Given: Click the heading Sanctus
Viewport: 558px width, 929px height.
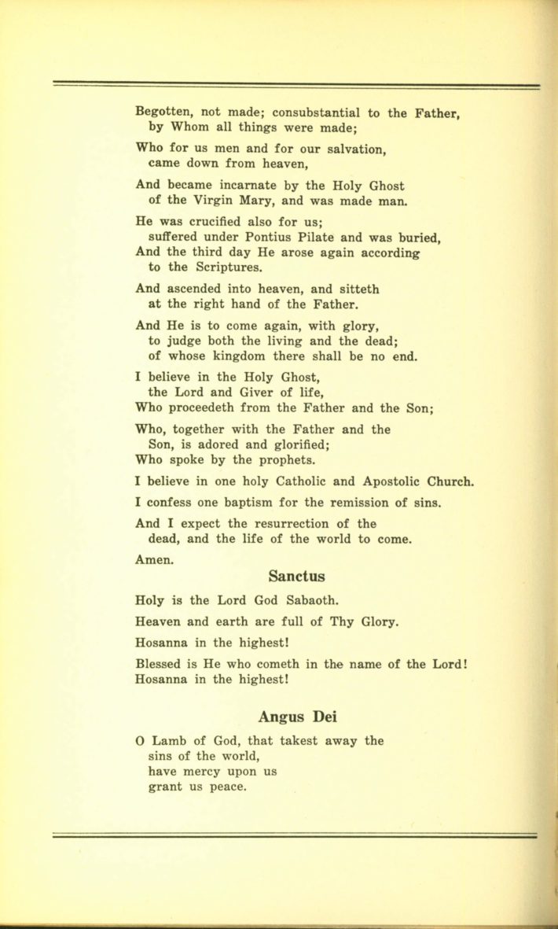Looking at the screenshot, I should pyautogui.click(x=296, y=577).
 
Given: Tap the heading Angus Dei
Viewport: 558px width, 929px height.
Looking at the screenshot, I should pyautogui.click(x=296, y=717).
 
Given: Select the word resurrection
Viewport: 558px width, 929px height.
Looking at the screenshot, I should pyautogui.click(x=285, y=523).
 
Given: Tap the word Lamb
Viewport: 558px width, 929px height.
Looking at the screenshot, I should pyautogui.click(x=172, y=740).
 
